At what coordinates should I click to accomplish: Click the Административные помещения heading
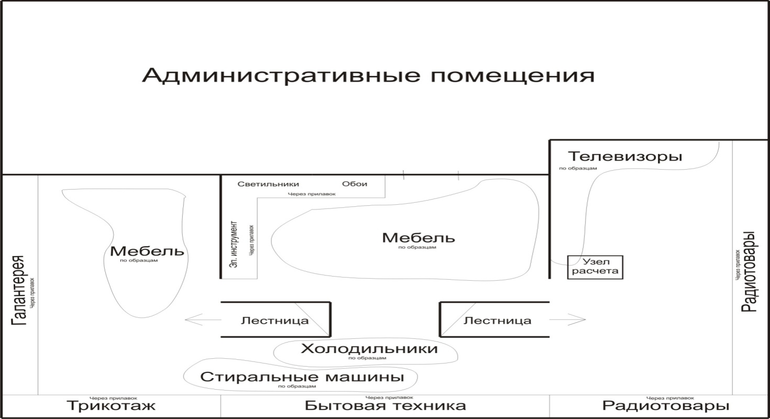pyautogui.click(x=368, y=76)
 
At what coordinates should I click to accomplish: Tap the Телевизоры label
pyautogui.click(x=625, y=156)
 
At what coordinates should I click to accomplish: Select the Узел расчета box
pyautogui.click(x=596, y=266)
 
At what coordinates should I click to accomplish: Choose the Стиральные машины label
pyautogui.click(x=302, y=377)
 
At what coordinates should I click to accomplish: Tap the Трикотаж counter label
pyautogui.click(x=112, y=406)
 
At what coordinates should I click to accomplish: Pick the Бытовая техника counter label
pyautogui.click(x=385, y=406)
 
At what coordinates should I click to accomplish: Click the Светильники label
pyautogui.click(x=268, y=184)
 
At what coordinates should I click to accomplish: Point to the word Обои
pyautogui.click(x=355, y=184)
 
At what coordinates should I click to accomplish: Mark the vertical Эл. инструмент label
pyautogui.click(x=235, y=246)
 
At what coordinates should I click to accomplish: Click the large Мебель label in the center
pyautogui.click(x=419, y=238)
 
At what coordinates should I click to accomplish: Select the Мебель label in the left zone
pyautogui.click(x=147, y=251)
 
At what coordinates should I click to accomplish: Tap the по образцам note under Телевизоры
pyautogui.click(x=578, y=169)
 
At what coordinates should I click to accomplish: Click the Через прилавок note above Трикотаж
pyautogui.click(x=113, y=397)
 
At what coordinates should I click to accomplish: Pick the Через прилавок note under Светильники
pyautogui.click(x=311, y=194)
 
